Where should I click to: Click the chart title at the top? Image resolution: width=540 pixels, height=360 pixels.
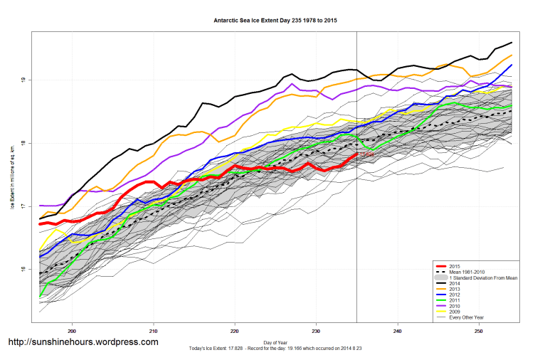pos(275,21)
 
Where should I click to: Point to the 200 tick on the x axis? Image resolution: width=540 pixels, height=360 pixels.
pos(72,331)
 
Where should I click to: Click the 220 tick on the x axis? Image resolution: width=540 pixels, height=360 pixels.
pos(235,331)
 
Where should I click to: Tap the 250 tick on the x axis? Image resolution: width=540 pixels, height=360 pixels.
pos(479,331)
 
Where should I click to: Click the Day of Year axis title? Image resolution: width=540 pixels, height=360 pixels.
pos(275,342)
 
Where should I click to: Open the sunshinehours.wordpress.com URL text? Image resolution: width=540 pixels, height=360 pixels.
pos(83,342)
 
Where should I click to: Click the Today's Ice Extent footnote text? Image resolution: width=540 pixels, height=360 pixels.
pos(275,348)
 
